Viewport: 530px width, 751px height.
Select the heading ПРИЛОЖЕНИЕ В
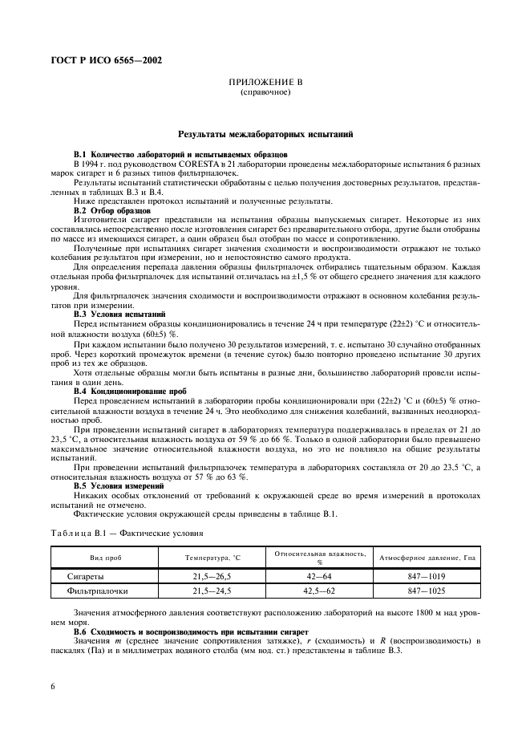pyautogui.click(x=265, y=83)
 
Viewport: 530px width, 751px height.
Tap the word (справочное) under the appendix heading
pyautogui.click(x=265, y=92)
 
